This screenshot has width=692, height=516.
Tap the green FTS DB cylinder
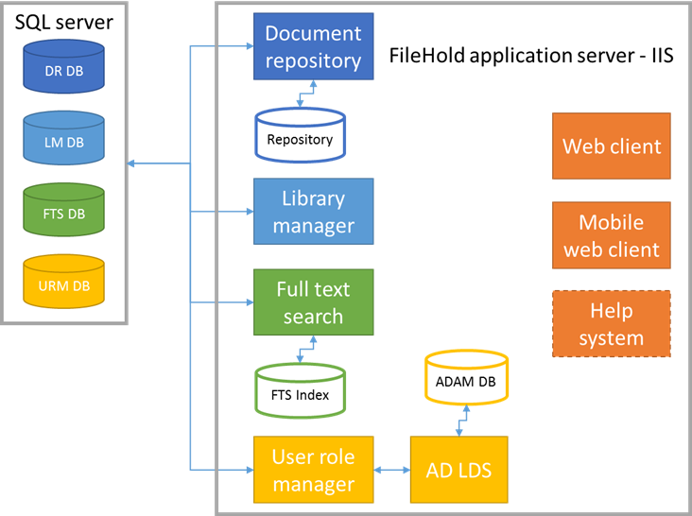click(x=63, y=213)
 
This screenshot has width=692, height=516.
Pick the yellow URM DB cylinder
click(x=63, y=284)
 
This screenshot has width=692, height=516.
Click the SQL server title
click(x=63, y=22)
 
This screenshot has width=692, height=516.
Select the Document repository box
click(x=313, y=47)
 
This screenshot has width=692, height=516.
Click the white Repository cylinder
click(x=300, y=137)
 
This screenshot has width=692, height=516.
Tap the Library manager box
click(x=313, y=212)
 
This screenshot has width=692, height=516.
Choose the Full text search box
click(x=313, y=302)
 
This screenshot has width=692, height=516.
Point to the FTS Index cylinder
click(x=300, y=393)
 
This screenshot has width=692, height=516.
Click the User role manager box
click(x=313, y=470)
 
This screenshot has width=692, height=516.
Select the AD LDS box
click(x=458, y=470)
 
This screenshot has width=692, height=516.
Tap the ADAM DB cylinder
click(x=466, y=380)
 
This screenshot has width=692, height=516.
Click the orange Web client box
click(x=612, y=146)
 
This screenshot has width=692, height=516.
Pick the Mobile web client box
click(x=612, y=237)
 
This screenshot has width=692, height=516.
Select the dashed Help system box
click(x=612, y=324)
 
